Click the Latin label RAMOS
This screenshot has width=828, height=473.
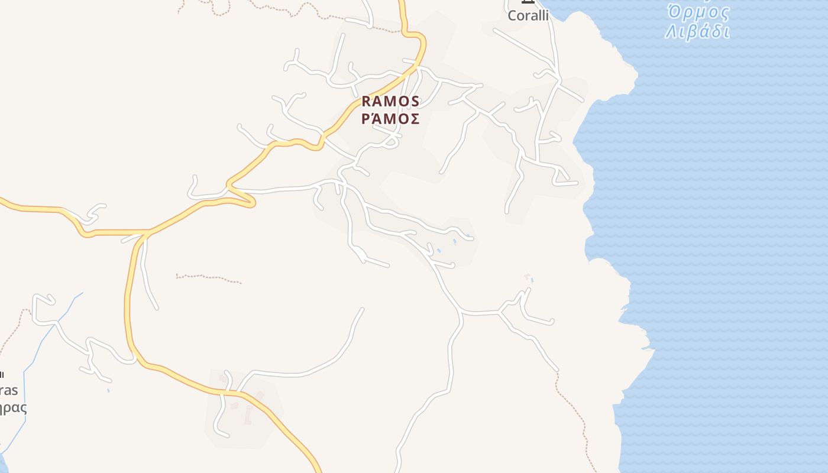(390, 101)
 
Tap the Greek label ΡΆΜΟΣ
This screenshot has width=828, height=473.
(390, 118)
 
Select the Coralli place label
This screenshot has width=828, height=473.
(528, 15)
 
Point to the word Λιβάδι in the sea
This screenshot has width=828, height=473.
(697, 31)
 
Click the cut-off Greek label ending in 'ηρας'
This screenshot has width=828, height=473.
(13, 408)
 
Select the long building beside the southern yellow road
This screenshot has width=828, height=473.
(248, 416)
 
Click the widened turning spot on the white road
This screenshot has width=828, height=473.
(359, 255)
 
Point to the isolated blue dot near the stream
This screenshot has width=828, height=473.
(108, 391)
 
